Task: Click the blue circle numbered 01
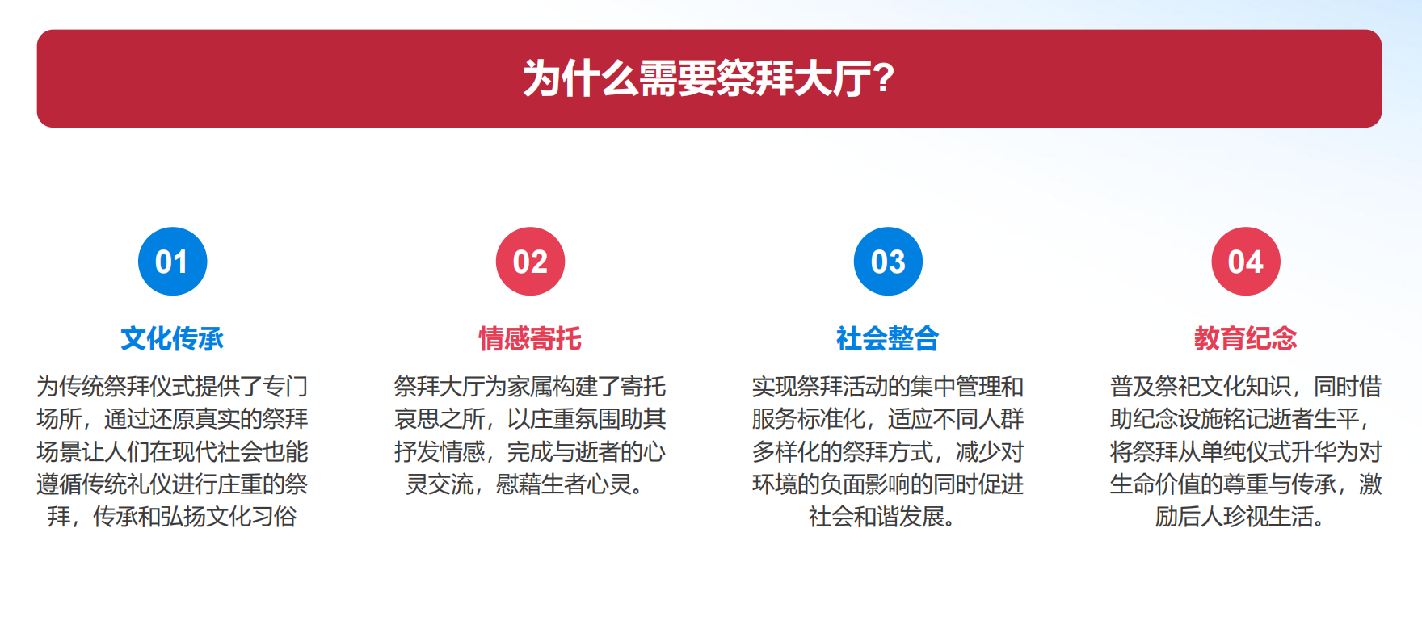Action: (173, 262)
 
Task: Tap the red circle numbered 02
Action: (530, 262)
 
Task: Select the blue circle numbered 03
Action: (888, 262)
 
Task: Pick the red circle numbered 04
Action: (1246, 262)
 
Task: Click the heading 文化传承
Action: (172, 338)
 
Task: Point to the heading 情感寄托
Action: (530, 338)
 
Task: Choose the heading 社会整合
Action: (888, 338)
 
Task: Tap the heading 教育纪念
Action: (1246, 338)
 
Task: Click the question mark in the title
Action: (883, 78)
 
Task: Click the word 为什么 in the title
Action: (581, 78)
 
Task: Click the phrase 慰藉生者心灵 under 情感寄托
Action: (564, 484)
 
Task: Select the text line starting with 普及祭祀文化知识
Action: (1246, 387)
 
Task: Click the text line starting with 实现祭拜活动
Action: (888, 387)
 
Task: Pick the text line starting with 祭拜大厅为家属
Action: (530, 387)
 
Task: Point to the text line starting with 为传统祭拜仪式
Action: (172, 387)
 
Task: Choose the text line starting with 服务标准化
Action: (888, 419)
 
